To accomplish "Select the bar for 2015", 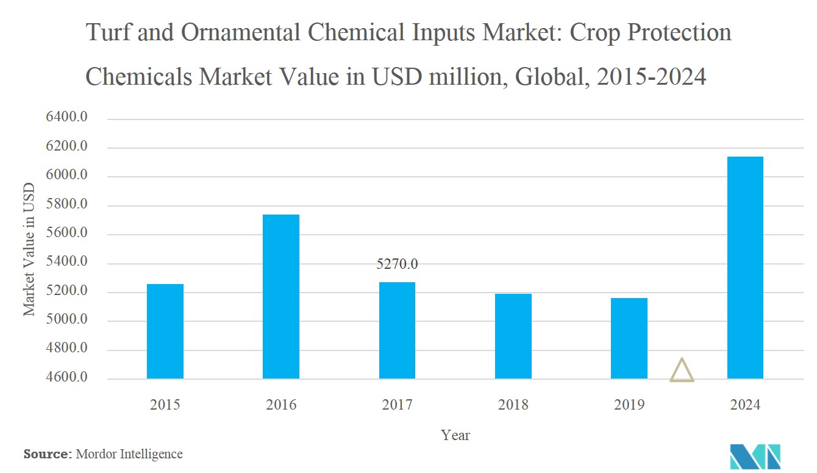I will (165, 331).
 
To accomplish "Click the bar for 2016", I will (281, 296).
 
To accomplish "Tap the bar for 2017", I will (397, 330).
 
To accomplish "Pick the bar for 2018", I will (513, 336).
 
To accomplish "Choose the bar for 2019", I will (629, 338).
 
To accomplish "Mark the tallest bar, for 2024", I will (745, 268).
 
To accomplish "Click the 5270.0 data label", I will (397, 265).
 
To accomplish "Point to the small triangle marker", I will (682, 371).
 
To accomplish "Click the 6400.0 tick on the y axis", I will (67, 118).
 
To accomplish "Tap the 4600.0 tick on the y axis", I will (67, 379).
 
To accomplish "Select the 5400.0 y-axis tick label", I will (67, 263).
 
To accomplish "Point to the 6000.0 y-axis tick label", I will (67, 176).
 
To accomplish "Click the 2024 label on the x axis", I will (745, 405).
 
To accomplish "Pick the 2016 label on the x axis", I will (281, 405).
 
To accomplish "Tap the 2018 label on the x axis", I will (513, 405).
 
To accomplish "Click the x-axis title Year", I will (455, 435).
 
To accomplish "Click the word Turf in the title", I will (108, 33).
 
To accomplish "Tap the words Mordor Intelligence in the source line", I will (129, 454).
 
